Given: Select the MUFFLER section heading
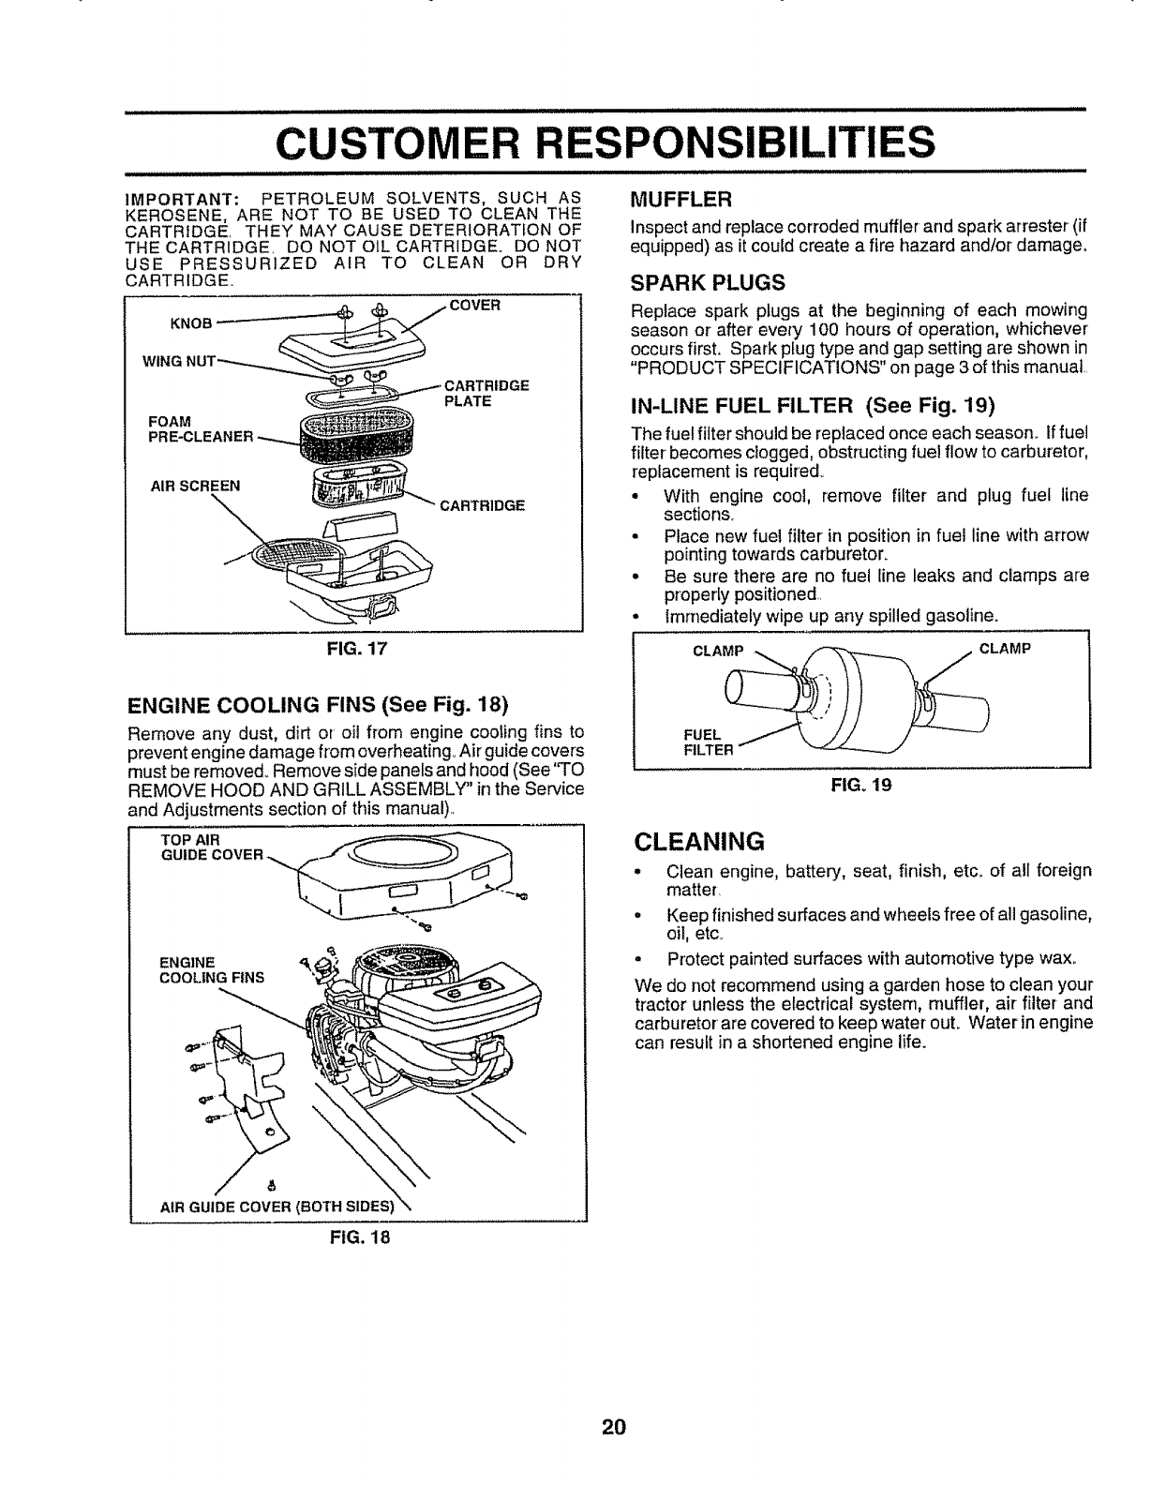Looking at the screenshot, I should [681, 200].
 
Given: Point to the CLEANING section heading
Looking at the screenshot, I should [698, 838].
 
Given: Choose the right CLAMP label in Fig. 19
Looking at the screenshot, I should [1005, 647].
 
